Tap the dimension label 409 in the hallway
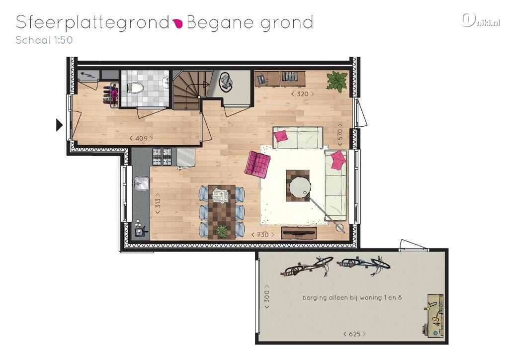coord(141,138)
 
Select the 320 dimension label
coord(302,94)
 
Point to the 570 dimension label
coord(340,134)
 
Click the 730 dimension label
coord(262,234)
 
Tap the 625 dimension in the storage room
coord(354,334)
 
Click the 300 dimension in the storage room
coord(267,296)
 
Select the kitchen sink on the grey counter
coord(141,183)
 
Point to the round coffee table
coord(300,187)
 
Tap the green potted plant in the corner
coord(338,81)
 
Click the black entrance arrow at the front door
coord(59,125)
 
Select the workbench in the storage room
coord(434,315)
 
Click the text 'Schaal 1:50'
coord(44,40)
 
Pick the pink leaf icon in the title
coord(178,23)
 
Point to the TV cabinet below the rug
coord(299,232)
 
